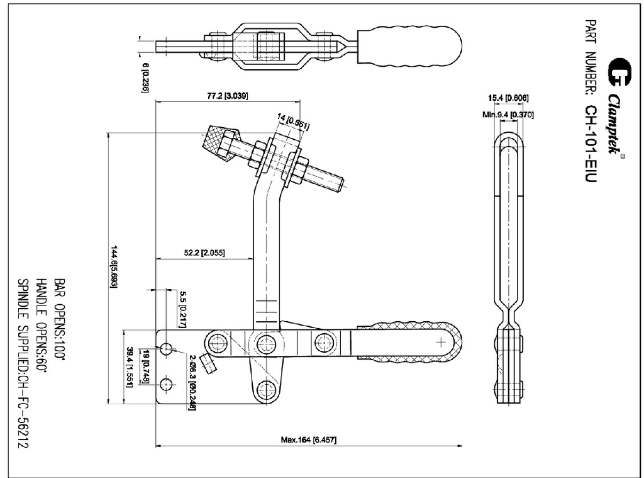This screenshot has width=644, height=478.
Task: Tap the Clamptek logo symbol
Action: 618,71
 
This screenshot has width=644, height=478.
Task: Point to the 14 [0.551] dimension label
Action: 293,121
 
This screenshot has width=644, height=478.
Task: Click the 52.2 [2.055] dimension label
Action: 204,253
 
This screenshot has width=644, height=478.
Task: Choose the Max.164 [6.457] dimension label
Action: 308,440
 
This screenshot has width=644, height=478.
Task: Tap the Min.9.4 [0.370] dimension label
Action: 508,114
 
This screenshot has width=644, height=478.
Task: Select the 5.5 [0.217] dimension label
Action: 182,305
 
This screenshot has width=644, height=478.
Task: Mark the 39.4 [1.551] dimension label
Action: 130,367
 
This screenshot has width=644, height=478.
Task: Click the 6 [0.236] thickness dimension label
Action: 145,77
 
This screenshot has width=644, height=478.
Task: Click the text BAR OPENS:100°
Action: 59,317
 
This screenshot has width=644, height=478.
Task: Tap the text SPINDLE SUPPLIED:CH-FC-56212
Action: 23,364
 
